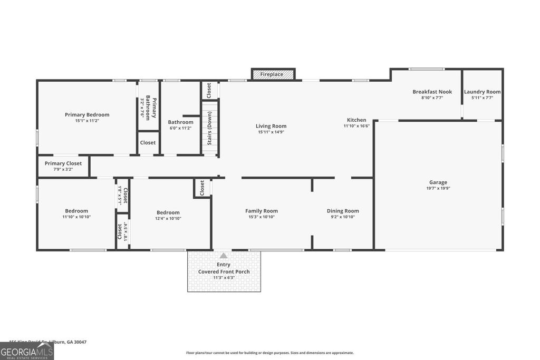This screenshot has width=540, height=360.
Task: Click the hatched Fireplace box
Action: (272, 74)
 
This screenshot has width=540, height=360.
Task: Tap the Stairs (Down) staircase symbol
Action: (210, 128)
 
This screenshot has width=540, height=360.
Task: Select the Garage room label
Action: (438, 182)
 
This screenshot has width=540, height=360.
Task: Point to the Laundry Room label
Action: (482, 92)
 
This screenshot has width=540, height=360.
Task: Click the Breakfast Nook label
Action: (432, 92)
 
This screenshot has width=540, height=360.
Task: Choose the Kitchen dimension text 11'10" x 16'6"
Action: (356, 126)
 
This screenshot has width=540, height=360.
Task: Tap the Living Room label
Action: (271, 126)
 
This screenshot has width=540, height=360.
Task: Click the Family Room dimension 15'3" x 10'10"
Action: (261, 217)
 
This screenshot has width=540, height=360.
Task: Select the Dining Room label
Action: (343, 211)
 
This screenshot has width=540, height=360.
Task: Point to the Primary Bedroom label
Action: (87, 115)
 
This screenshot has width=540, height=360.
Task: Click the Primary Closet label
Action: (63, 163)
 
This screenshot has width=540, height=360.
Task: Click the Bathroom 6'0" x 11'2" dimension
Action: (180, 128)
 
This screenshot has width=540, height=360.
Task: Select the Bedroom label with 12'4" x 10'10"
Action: (168, 212)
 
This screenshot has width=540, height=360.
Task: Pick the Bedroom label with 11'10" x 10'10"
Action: (76, 211)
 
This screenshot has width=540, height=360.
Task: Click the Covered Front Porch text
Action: (224, 272)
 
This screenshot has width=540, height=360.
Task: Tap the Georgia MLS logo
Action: (27, 351)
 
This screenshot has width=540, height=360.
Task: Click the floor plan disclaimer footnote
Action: (269, 353)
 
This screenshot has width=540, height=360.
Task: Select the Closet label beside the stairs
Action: (209, 90)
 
